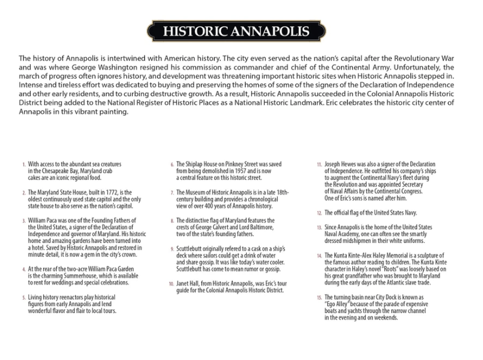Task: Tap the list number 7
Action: pos(172,193)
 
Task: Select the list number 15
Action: pos(319,298)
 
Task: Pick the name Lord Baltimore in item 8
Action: pos(255,227)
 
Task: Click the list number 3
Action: pos(23,220)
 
